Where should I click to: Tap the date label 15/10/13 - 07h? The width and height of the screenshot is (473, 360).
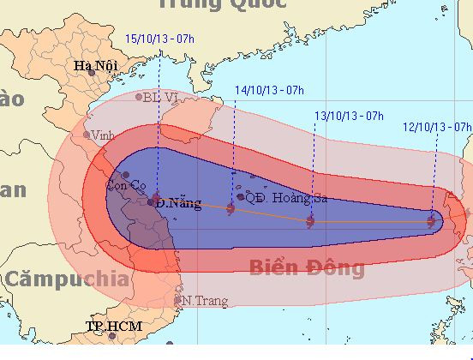159,39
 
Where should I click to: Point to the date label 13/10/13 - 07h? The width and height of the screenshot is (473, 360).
348,114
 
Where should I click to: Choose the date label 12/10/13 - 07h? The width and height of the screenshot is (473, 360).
438,126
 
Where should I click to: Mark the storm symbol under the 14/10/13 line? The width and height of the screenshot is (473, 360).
231,207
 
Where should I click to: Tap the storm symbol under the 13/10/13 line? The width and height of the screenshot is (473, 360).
310,221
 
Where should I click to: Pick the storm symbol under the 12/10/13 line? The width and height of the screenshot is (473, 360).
432,221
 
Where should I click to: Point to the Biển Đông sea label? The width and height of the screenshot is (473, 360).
307,267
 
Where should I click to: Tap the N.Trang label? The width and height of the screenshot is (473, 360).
201,301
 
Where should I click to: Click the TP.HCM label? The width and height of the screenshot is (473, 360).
114,327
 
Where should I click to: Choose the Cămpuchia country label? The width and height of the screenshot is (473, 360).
66,279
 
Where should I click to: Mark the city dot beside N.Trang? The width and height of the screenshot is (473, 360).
178,300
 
